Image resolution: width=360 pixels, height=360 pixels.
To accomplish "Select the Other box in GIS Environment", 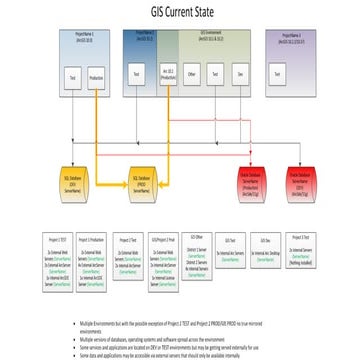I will point(191,75).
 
